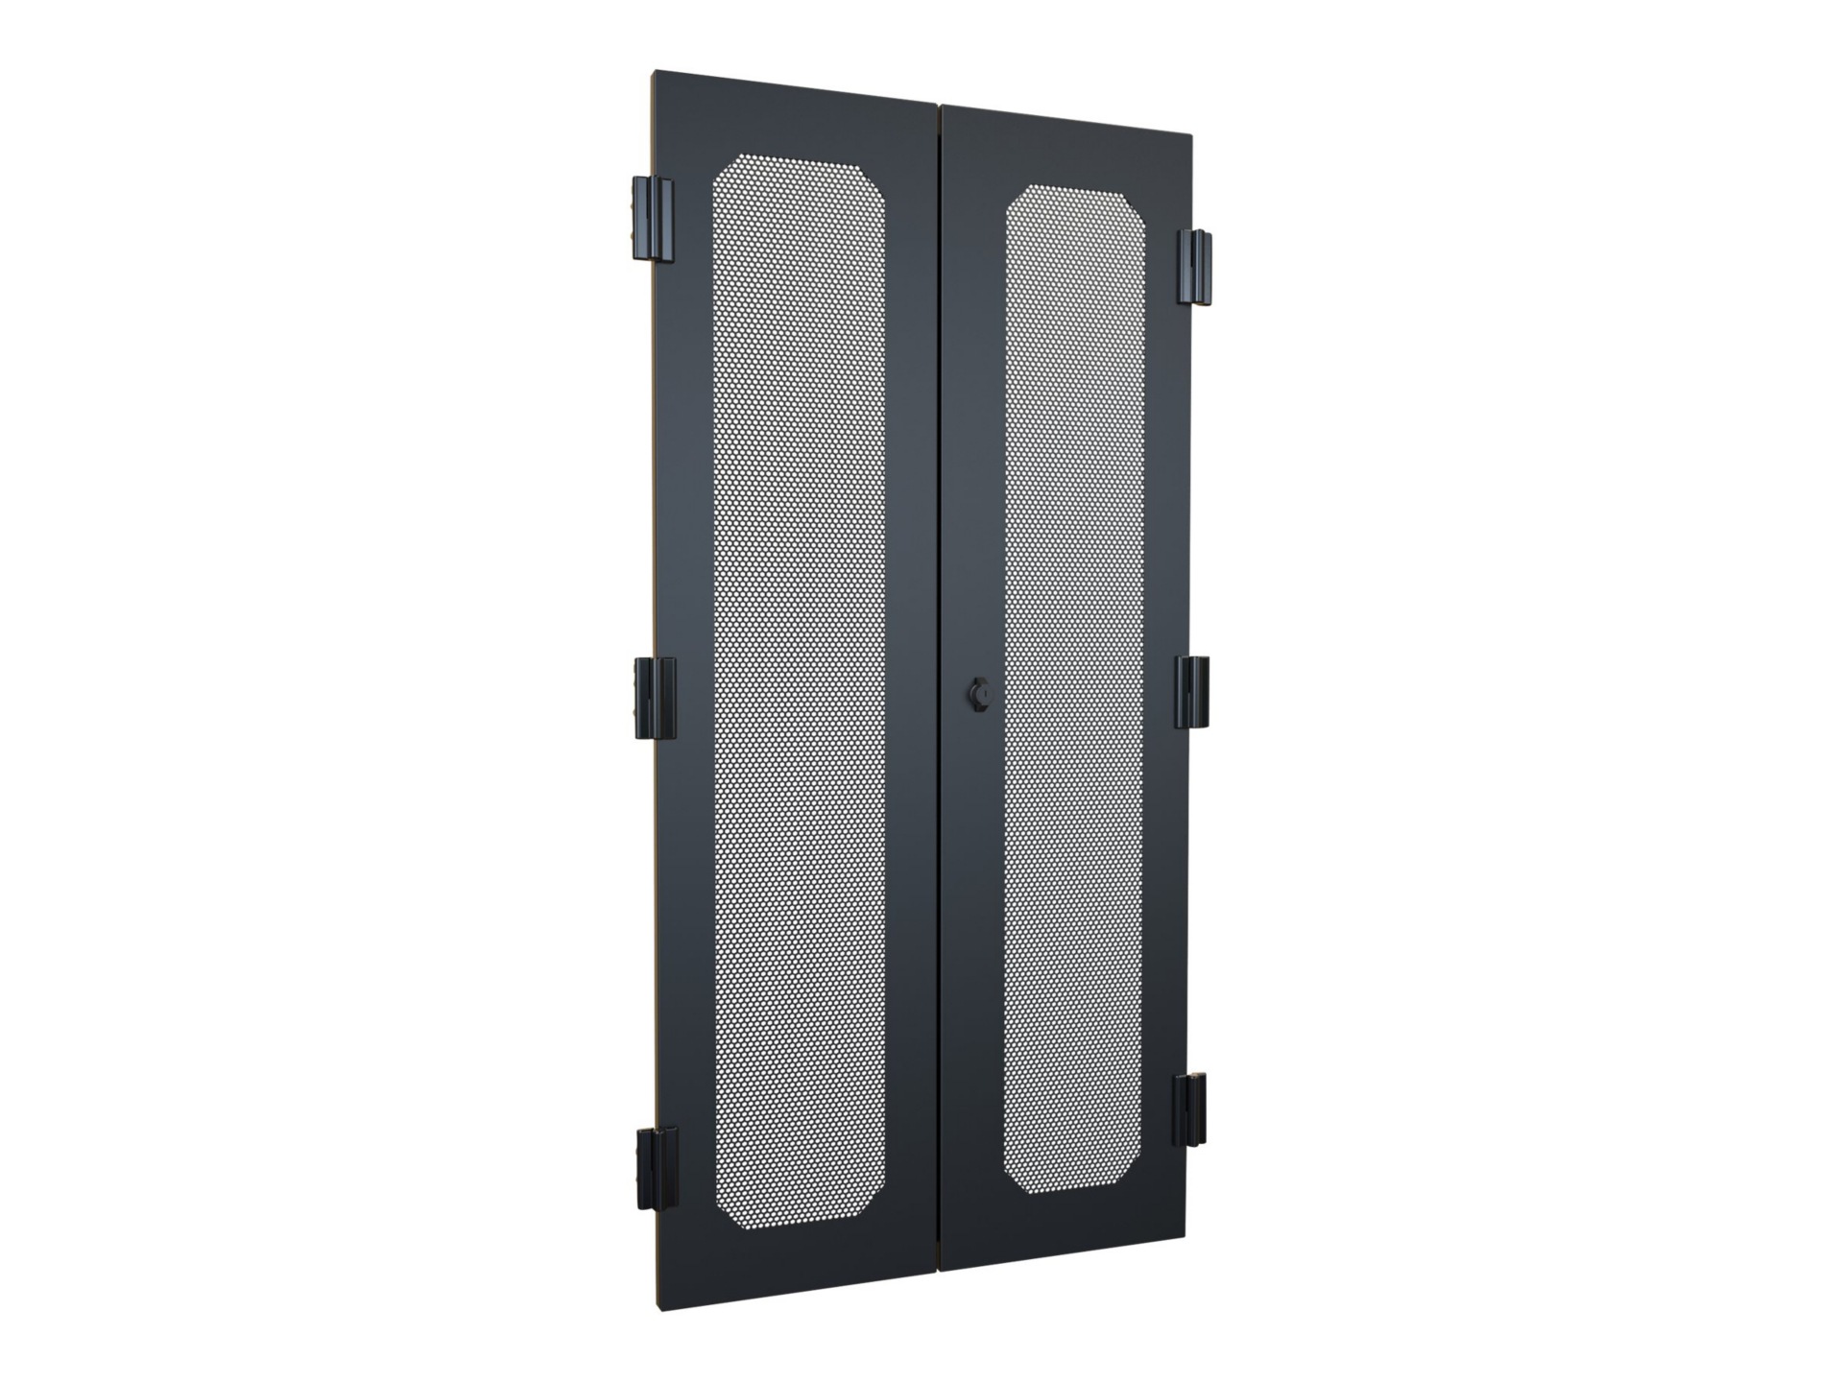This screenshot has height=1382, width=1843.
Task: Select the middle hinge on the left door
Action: point(655,698)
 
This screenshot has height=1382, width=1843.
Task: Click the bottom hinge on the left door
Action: point(658,1170)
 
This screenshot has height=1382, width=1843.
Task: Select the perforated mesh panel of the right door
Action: point(1074,691)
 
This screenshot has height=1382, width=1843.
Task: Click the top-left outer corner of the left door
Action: point(653,72)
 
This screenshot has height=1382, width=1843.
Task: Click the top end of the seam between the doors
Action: point(939,105)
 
